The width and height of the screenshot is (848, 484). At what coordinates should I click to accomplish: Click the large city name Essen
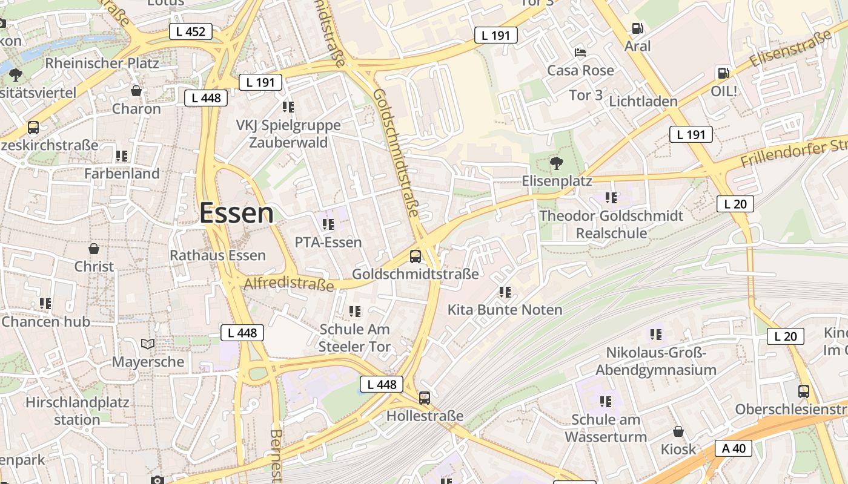click(x=236, y=214)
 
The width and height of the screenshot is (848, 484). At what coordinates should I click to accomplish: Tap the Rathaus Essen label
click(x=217, y=255)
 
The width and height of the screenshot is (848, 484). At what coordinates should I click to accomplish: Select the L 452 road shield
click(x=191, y=31)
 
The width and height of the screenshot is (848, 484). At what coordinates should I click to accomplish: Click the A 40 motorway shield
click(x=734, y=448)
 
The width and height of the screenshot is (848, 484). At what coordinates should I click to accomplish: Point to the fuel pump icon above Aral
click(x=637, y=28)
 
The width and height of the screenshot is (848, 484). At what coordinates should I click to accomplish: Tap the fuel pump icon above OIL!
click(x=723, y=73)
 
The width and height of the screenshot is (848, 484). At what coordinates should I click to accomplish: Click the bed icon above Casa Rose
click(x=580, y=52)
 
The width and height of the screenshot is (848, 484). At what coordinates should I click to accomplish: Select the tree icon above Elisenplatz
click(x=556, y=162)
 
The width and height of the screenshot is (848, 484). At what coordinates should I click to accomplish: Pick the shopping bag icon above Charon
click(x=136, y=91)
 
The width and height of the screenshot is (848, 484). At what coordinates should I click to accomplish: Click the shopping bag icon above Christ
click(x=94, y=249)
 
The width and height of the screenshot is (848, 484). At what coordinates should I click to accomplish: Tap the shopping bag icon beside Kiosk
click(x=678, y=431)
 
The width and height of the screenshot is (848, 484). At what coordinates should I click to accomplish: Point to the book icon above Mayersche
click(x=148, y=344)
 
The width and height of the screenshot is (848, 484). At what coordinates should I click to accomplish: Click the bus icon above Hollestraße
click(x=425, y=398)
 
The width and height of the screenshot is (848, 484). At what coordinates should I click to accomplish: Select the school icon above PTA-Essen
click(x=328, y=224)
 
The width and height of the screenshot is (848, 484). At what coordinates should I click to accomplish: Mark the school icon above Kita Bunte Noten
click(x=505, y=292)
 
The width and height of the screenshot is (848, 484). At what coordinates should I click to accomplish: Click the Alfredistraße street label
click(x=289, y=284)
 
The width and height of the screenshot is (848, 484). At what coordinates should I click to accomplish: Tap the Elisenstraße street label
click(x=790, y=50)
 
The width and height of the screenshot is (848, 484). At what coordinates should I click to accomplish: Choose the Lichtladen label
click(x=643, y=101)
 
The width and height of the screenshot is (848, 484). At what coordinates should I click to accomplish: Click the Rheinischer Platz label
click(x=102, y=63)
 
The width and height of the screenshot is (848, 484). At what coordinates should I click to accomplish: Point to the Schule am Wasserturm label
click(x=606, y=428)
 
